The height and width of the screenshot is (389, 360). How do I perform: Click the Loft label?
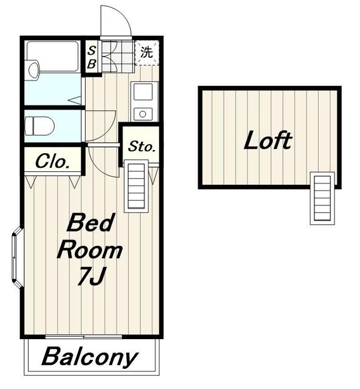[x=268, y=140]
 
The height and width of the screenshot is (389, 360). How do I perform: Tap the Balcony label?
[x=89, y=357]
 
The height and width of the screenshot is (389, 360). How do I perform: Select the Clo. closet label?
[x=52, y=161]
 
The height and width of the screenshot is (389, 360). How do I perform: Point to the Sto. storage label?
[x=141, y=146]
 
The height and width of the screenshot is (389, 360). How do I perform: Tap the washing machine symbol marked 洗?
[x=147, y=52]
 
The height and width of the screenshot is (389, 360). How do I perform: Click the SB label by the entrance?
[x=92, y=58]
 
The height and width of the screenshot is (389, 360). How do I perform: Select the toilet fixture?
[x=39, y=126]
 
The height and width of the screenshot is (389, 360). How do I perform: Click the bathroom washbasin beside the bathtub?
[x=33, y=70]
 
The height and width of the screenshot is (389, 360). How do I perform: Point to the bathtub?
[x=53, y=57]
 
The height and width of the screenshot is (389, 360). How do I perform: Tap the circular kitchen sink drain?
[x=143, y=114]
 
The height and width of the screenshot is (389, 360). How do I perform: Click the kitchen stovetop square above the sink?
[x=143, y=92]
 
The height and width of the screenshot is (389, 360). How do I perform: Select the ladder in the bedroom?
[x=136, y=186]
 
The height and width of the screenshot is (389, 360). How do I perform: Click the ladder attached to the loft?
[x=322, y=198]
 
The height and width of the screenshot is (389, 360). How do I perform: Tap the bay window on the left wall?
[x=18, y=258]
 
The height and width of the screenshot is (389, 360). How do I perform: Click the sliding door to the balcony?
[x=84, y=337]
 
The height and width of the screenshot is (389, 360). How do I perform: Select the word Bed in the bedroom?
[x=89, y=223]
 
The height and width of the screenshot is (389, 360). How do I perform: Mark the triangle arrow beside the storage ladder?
[x=154, y=176]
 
